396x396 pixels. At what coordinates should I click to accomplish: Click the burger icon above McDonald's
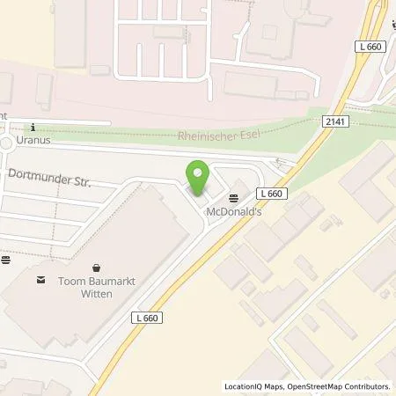point(233,197)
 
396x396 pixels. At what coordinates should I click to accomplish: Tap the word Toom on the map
point(73,282)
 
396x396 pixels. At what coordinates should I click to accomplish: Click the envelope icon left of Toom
point(40,281)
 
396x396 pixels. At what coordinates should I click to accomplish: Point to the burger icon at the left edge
point(5,260)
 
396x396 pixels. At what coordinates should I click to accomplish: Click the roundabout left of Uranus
point(7,143)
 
